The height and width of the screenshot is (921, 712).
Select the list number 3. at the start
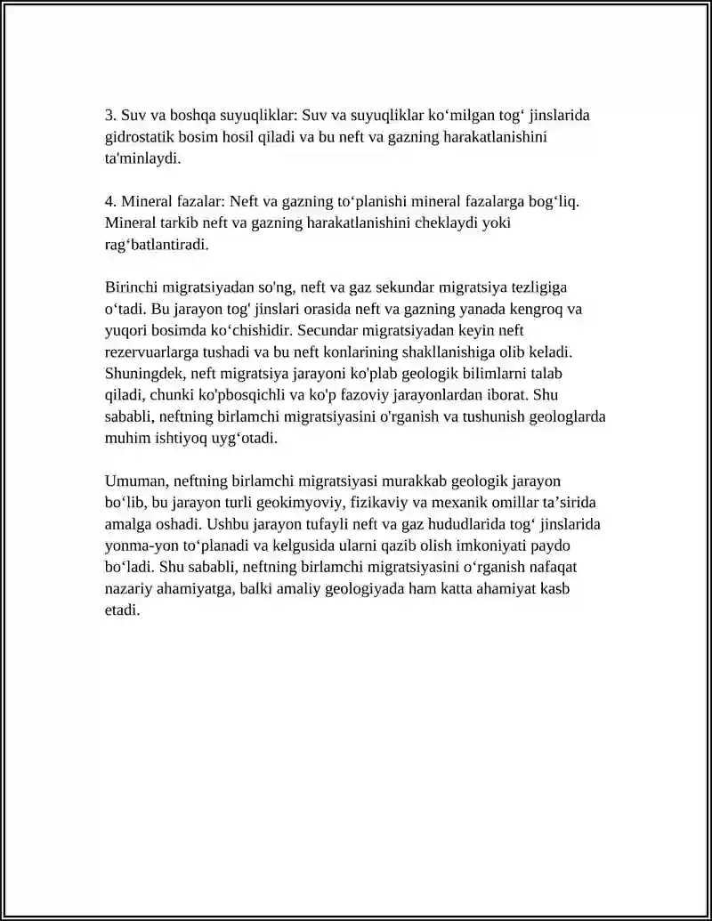[111, 116]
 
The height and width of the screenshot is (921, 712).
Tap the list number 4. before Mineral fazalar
[111, 202]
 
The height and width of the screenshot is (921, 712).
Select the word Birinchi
[132, 287]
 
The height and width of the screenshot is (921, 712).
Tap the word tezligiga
[538, 287]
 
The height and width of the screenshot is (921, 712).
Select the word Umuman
[134, 481]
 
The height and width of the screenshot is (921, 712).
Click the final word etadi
[122, 610]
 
